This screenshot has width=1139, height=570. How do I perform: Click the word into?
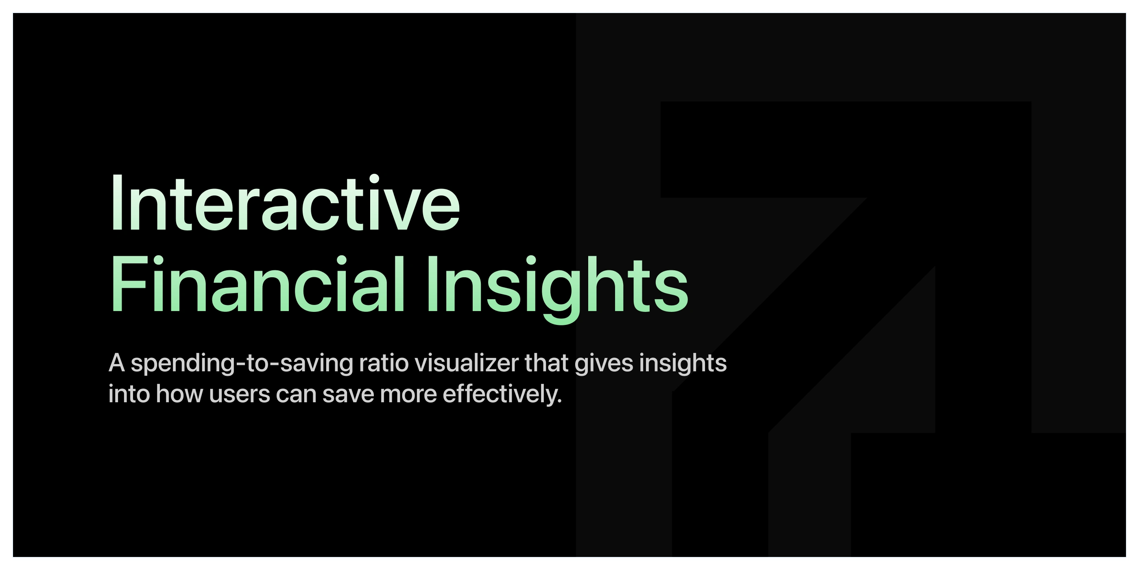click(129, 394)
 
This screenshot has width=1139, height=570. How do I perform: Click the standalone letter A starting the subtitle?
click(117, 363)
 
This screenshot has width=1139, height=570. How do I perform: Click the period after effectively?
click(559, 402)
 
